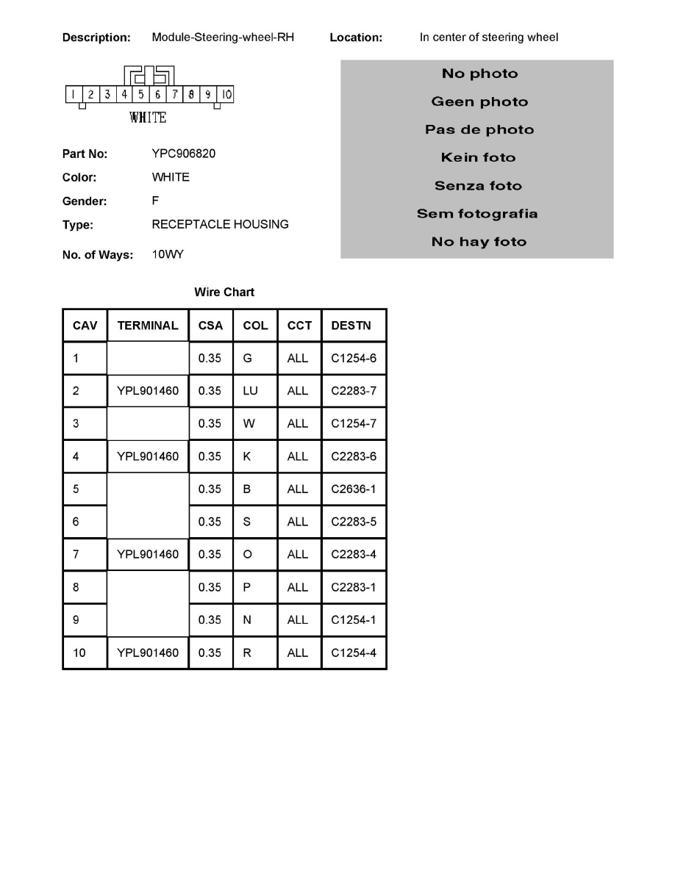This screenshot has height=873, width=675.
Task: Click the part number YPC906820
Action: coord(184,154)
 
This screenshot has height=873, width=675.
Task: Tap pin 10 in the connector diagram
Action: coord(226,94)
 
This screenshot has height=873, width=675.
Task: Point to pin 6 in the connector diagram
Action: coord(158,94)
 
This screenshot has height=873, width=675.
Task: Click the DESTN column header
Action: coord(351,326)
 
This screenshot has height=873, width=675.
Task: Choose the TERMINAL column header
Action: coord(148,326)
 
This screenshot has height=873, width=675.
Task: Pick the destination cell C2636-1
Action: coord(354,489)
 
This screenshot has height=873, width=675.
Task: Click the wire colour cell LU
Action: coord(250,391)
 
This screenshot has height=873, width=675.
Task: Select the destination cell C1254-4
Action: coord(354,653)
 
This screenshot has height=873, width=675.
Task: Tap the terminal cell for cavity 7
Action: coord(148,554)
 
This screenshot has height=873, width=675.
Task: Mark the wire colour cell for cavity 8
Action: coord(247,587)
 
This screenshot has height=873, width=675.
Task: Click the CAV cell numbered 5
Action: coord(76,489)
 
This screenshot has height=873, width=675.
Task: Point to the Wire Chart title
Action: coord(224,292)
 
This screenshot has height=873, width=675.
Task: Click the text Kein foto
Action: coord(478,157)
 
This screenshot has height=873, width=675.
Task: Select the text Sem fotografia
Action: coord(477,214)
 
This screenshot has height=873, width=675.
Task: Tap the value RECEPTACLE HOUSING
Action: coord(220,224)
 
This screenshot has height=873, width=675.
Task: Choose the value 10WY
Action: coord(168,254)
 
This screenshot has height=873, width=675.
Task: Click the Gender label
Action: coord(85,201)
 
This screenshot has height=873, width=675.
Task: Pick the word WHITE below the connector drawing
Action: coord(148,118)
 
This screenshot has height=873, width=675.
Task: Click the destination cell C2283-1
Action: coord(354,587)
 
